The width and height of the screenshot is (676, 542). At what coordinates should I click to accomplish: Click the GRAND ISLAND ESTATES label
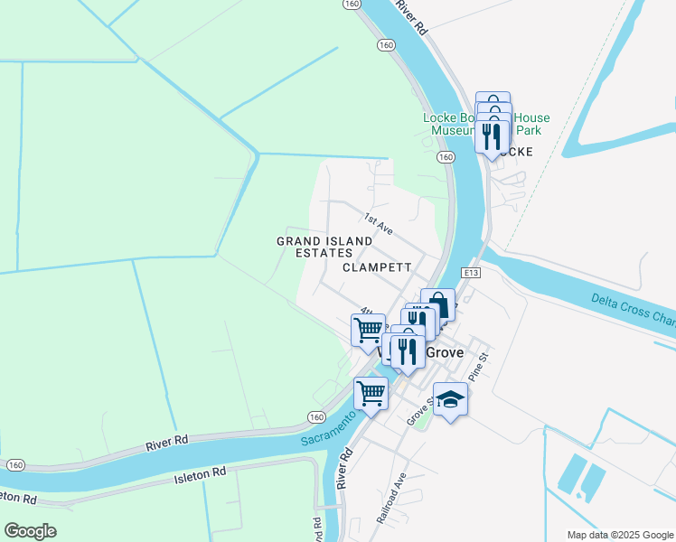(324, 247)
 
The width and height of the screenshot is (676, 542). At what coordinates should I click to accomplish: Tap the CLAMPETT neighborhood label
(377, 268)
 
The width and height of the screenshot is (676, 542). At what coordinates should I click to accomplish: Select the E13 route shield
(468, 273)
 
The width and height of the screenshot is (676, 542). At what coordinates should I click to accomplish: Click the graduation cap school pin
(450, 398)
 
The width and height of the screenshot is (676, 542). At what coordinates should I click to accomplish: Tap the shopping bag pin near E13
(437, 303)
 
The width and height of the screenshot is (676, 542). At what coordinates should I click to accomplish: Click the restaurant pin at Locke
(492, 136)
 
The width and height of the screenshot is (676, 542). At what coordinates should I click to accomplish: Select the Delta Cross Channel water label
(633, 307)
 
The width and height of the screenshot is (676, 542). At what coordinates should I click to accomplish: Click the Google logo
(30, 531)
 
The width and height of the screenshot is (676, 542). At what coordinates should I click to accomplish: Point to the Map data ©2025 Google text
(619, 535)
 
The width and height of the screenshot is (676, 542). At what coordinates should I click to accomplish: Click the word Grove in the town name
(444, 352)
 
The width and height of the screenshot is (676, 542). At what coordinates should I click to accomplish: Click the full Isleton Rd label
(199, 473)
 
